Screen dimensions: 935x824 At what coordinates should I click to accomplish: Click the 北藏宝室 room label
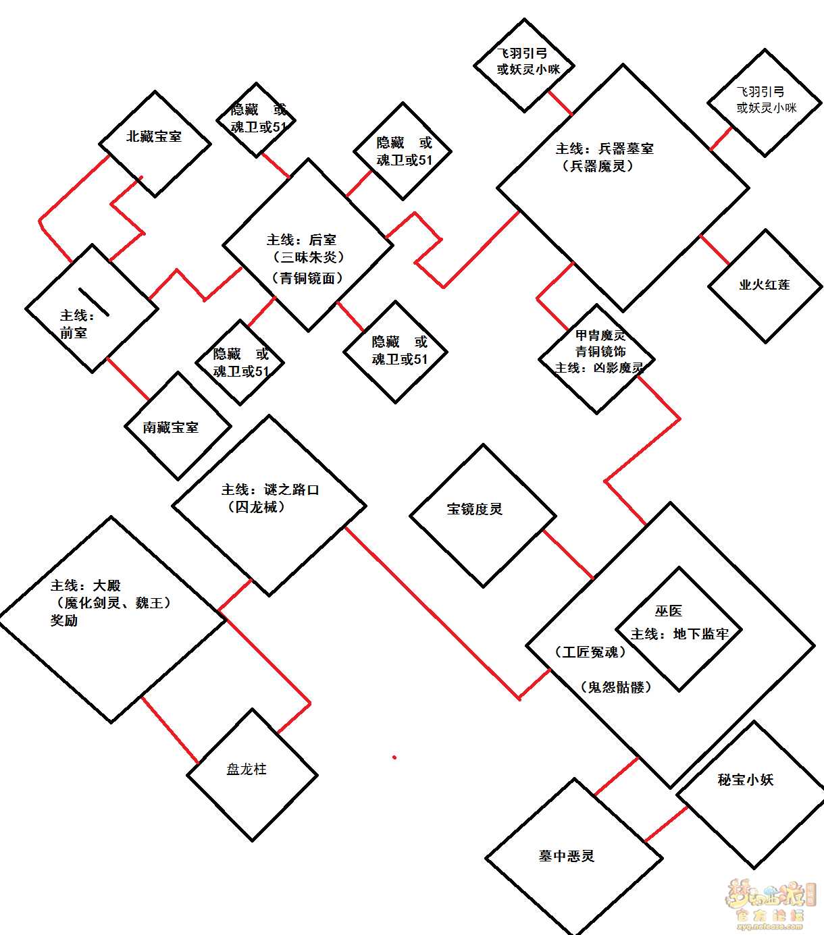tap(154, 136)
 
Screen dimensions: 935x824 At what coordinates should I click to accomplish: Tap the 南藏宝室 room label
tap(171, 427)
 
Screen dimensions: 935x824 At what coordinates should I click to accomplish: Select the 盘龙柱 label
tap(247, 769)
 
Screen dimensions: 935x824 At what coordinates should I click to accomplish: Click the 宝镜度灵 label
tap(475, 509)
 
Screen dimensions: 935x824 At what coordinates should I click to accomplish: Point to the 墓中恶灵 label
tap(567, 856)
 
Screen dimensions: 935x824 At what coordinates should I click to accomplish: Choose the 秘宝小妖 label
tap(746, 780)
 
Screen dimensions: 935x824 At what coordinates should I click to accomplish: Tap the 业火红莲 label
tap(765, 285)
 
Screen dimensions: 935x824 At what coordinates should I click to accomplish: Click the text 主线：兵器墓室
tap(604, 149)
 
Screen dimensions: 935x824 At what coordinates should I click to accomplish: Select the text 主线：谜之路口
tap(270, 489)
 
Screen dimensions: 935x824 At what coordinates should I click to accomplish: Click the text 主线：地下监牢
tap(679, 634)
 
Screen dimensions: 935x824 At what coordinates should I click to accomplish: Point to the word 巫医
tap(669, 611)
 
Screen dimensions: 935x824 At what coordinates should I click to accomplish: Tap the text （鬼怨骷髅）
tap(616, 687)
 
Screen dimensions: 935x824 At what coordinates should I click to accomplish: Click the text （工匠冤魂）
tap(590, 652)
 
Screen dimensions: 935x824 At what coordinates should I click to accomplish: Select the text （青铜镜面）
tap(307, 278)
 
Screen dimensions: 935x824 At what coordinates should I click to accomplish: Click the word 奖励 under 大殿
tap(64, 620)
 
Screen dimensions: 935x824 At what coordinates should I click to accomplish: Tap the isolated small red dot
tap(394, 757)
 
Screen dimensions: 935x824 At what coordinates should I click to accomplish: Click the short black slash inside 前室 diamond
tap(94, 301)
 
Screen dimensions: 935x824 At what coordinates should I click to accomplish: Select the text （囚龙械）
tap(256, 507)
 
